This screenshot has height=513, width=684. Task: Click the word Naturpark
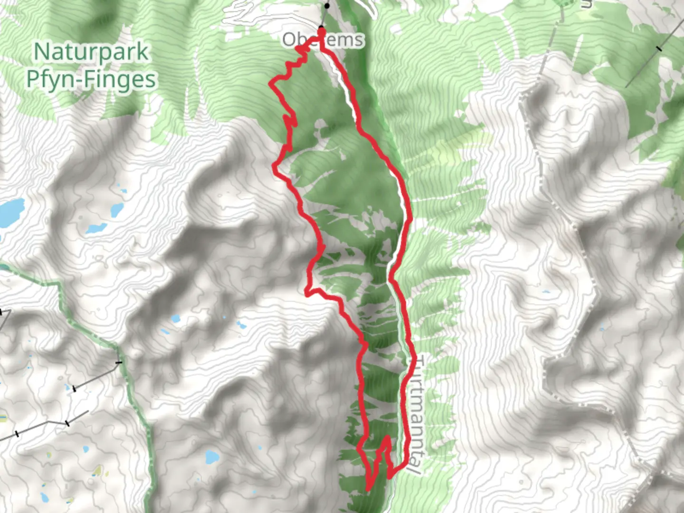[91, 52]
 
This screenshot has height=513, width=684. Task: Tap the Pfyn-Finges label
[91, 79]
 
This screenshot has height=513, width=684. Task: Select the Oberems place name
[323, 40]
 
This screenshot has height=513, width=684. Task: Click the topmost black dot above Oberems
[327, 6]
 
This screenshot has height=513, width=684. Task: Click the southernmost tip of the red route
[369, 488]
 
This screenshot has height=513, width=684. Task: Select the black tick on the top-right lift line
[659, 48]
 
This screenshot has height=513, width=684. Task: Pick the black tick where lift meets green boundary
[118, 363]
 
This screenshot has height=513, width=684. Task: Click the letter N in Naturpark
[42, 52]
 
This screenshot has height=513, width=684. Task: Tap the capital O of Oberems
[289, 40]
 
